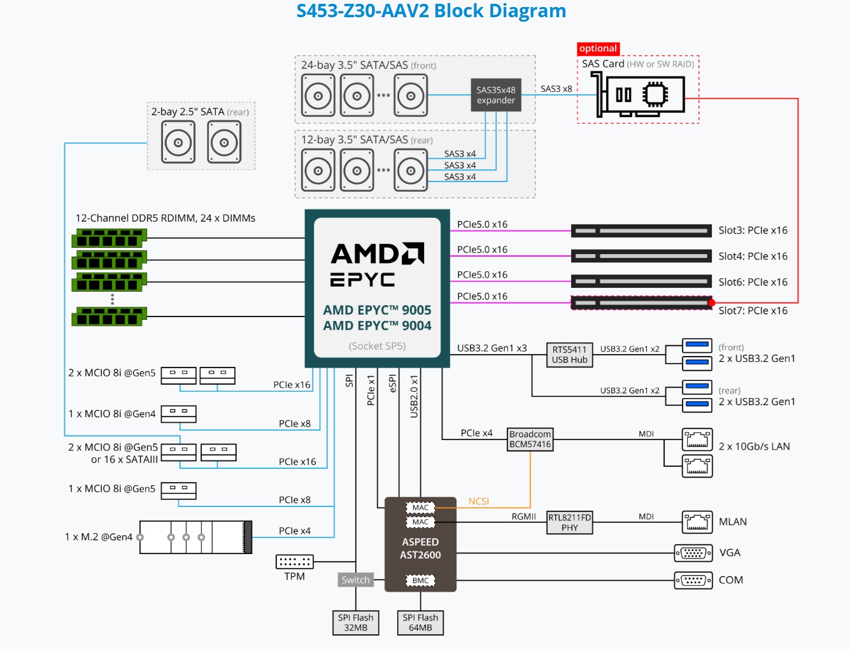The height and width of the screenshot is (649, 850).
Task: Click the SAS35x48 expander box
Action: [x=495, y=95]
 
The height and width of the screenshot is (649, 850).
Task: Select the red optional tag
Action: [x=598, y=48]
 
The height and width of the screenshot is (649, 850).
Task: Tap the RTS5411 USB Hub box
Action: [x=569, y=355]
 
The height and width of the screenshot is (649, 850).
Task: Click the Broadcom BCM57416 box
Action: [x=530, y=439]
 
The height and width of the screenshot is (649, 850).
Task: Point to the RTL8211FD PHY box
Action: [x=569, y=523]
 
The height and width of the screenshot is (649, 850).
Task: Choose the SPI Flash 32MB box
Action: [x=355, y=623]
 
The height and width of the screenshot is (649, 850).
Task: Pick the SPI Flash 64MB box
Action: [x=420, y=623]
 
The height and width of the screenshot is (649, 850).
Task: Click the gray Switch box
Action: [x=355, y=580]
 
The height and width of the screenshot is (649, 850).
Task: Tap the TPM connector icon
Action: [x=294, y=562]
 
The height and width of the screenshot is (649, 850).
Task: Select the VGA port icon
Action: [x=693, y=553]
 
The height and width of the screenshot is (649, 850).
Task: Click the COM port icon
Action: [x=693, y=580]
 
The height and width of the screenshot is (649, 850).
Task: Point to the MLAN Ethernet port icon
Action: [x=697, y=522]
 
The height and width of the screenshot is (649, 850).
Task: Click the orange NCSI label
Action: [x=478, y=502]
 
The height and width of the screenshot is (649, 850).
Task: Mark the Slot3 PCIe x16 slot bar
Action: [x=641, y=231]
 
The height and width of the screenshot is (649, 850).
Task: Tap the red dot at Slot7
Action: [x=711, y=303]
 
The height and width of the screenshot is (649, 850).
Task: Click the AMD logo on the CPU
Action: [x=377, y=253]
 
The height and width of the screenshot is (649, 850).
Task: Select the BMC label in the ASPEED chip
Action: [x=420, y=581]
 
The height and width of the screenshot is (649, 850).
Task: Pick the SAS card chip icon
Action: [x=655, y=95]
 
